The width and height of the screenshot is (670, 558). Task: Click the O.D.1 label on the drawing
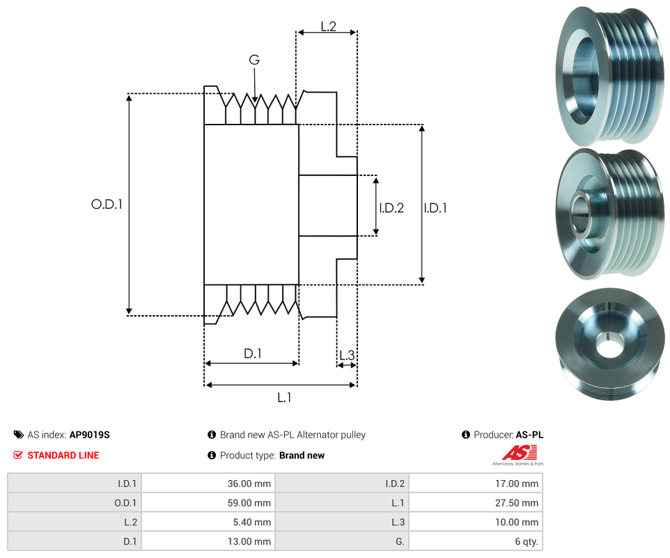[107, 205]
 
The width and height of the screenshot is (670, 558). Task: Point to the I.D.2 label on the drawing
[391, 208]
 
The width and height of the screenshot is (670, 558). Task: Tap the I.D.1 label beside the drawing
[435, 208]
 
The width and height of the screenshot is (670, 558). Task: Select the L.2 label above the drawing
[329, 26]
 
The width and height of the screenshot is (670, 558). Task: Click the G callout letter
[254, 60]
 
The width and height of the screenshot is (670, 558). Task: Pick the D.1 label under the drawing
[253, 353]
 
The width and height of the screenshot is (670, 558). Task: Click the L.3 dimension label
[347, 356]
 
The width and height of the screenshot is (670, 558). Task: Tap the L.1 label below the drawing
[284, 398]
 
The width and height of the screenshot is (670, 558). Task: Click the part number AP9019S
[90, 435]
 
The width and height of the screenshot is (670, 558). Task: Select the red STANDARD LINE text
[63, 456]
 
